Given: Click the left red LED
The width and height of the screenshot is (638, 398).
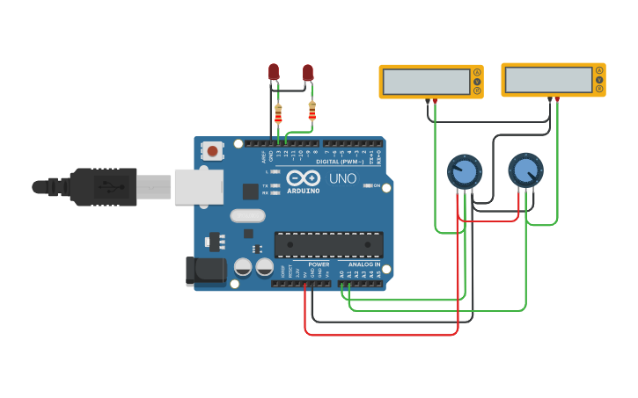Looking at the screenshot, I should point(274,71).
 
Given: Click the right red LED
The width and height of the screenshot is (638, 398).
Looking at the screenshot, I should point(308,72).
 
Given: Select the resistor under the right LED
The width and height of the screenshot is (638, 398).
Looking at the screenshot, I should point(312,111).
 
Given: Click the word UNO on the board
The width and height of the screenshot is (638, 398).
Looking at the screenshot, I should point(342,178).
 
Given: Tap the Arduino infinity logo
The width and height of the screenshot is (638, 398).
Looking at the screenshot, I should point(303,177).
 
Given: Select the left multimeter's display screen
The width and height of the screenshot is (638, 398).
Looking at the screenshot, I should point(426,81).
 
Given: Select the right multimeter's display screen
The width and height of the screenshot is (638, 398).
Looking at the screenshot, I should point(548,79).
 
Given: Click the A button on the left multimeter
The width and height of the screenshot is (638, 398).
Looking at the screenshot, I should point(477,72).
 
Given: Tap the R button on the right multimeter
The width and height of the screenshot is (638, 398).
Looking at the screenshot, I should point(599,89).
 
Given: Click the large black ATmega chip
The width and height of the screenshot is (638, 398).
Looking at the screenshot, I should point(328,245).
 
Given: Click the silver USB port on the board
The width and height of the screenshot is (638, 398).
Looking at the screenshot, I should point(199,186).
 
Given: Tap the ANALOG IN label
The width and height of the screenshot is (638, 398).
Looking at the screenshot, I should point(364,264).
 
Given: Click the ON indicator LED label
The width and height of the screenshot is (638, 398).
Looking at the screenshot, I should point(376,185).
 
